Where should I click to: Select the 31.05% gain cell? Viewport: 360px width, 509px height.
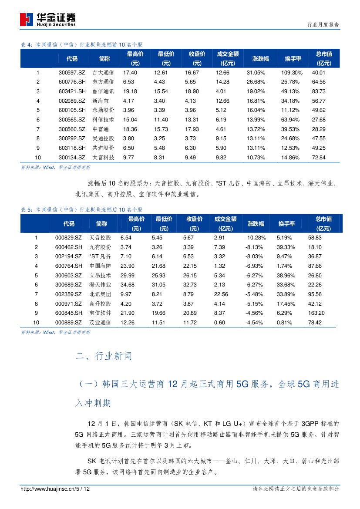point(256,73)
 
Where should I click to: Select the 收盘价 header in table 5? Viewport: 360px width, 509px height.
point(194,224)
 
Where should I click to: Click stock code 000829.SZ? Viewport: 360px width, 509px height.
point(69,238)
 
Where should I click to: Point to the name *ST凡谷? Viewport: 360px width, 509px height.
point(100,257)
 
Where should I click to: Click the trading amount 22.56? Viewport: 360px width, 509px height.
point(221,294)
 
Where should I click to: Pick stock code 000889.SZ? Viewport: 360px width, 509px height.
point(69,323)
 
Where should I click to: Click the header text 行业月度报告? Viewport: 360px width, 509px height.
point(323,25)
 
